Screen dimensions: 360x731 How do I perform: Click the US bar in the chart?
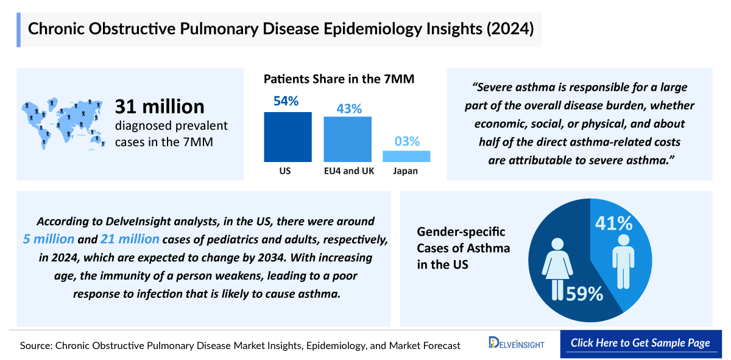(x=288, y=137)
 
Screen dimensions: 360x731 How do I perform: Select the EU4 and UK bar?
(x=347, y=139)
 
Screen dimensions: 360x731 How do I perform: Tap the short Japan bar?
(x=406, y=156)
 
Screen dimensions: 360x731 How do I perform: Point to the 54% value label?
(x=286, y=101)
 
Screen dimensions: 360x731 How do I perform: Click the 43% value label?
(x=349, y=109)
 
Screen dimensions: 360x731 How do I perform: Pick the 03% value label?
(x=406, y=141)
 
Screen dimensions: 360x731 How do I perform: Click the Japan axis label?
(x=405, y=171)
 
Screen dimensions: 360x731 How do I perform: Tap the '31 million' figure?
(x=160, y=107)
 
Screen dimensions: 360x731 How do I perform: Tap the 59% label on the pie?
(x=584, y=294)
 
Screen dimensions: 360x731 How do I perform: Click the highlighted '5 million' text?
(x=49, y=239)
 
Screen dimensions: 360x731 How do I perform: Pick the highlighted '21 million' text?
(x=130, y=239)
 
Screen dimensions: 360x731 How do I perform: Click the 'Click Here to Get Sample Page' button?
(x=640, y=343)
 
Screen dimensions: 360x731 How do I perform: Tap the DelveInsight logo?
(x=517, y=344)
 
